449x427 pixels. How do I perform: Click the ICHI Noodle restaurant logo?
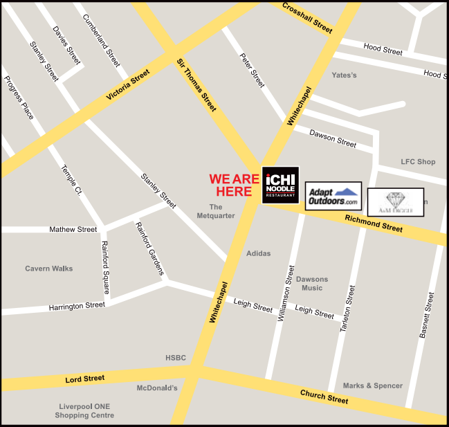(280, 185)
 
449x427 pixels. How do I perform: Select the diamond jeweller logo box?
(395, 202)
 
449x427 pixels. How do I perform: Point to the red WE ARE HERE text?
(234, 185)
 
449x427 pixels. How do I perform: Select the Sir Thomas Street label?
(196, 85)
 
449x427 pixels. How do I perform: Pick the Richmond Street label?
(374, 224)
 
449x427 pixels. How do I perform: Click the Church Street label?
(324, 397)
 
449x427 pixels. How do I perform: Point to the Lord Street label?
(84, 379)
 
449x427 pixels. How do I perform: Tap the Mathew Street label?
(73, 229)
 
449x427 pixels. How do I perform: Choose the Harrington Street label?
(77, 305)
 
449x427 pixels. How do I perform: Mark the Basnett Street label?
(426, 315)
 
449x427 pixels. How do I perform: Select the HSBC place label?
(176, 358)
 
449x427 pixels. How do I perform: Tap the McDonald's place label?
(157, 388)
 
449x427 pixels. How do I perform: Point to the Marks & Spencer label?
(373, 385)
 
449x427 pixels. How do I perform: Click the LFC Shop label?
(418, 162)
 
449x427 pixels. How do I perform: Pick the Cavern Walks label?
(48, 269)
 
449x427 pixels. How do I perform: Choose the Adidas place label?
(258, 254)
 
